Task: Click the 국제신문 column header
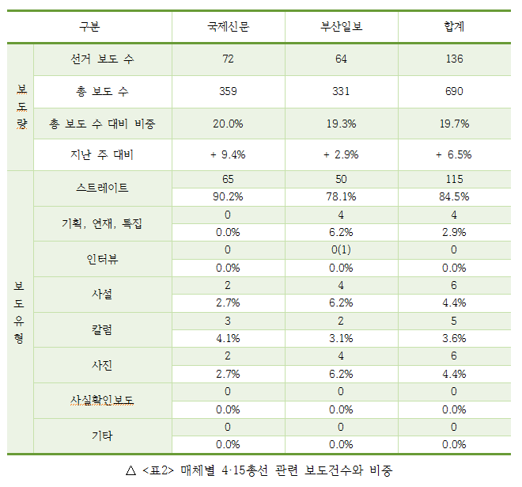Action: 228,27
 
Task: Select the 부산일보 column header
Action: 341,27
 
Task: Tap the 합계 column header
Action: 454,27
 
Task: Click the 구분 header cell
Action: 89,27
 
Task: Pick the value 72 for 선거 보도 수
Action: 228,59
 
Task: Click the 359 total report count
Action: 228,92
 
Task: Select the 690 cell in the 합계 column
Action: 454,92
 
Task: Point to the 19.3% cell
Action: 341,124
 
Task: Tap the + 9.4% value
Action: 228,155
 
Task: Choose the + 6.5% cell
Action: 454,155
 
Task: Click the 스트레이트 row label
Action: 102,188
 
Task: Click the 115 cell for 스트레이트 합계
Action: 454,180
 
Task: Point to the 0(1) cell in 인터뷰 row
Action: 341,250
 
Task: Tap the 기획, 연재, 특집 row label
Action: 102,224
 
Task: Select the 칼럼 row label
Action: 102,329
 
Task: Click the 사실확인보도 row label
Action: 102,401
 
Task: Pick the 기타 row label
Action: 102,436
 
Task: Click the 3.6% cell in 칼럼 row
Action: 454,338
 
